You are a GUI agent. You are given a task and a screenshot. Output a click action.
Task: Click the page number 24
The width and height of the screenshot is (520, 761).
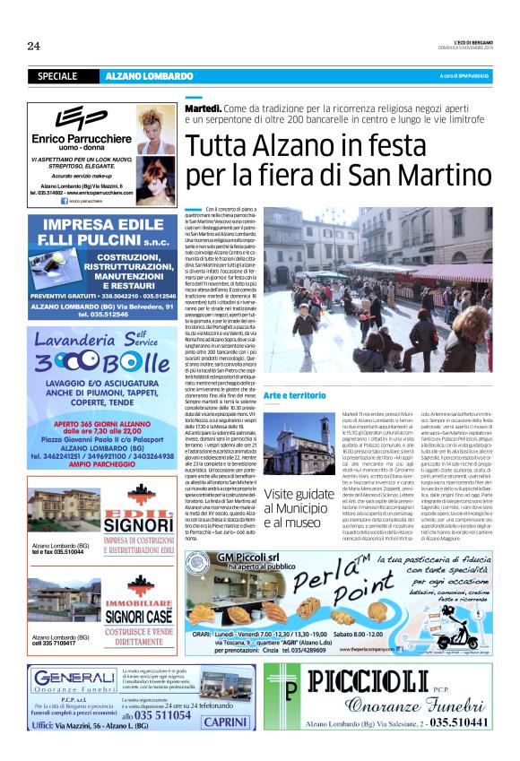pos(34,46)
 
